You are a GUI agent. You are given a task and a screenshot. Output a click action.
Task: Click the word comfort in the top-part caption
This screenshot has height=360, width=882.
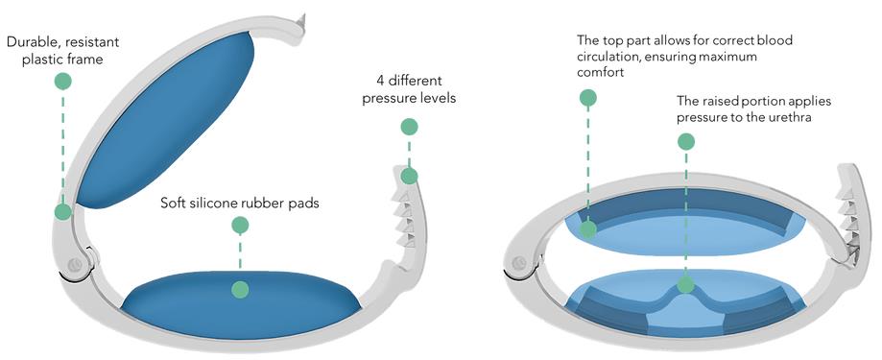click(x=600, y=72)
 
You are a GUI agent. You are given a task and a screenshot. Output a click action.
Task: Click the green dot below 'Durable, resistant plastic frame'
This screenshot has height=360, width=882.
click(x=63, y=81)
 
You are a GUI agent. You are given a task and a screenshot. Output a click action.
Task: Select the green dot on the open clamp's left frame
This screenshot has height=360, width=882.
click(x=63, y=212)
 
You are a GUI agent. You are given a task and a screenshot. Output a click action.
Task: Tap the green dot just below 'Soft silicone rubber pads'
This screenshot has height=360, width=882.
click(x=240, y=226)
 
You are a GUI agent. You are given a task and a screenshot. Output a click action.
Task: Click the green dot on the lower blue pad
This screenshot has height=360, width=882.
click(x=240, y=289)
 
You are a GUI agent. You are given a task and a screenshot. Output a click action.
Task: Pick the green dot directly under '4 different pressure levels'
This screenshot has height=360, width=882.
click(x=410, y=127)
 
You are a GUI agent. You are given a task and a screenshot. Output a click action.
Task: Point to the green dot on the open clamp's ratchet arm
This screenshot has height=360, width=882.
click(x=410, y=176)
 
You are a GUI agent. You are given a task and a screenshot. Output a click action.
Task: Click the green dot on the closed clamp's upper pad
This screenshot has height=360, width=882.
click(x=588, y=229)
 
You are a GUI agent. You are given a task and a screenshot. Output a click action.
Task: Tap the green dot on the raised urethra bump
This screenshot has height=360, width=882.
click(x=685, y=285)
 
